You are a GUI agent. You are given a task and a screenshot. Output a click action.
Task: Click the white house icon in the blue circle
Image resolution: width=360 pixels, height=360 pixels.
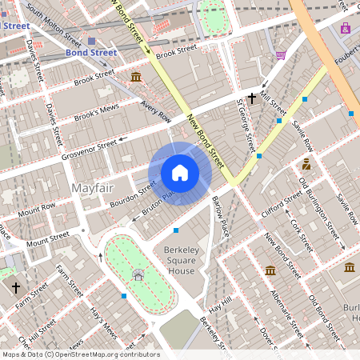[x=180, y=172]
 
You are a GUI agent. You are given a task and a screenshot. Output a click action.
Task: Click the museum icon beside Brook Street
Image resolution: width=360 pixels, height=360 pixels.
[x=136, y=77]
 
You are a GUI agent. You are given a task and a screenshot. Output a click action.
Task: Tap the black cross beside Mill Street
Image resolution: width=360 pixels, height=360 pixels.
[x=252, y=98]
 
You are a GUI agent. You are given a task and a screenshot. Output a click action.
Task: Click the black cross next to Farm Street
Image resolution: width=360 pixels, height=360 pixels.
[x=15, y=286]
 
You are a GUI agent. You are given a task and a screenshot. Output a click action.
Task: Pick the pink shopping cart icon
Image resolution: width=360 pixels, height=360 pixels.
[x=281, y=55]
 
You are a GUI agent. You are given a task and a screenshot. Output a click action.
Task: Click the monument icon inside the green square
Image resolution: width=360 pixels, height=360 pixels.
[x=138, y=275]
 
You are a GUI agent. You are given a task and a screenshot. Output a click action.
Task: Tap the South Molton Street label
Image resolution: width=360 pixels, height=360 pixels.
[x=54, y=25]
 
